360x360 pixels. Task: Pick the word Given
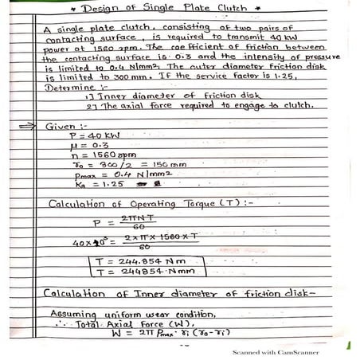coord(65,126)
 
